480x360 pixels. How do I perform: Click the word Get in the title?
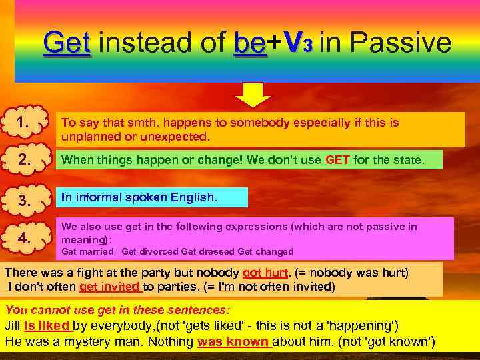(67, 44)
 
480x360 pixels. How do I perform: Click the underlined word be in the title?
(250, 44)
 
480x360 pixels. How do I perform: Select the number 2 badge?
(24, 160)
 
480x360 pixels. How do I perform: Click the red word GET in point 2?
(337, 160)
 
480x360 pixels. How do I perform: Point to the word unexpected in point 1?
(181, 137)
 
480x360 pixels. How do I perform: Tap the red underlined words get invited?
(110, 287)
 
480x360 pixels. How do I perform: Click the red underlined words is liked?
(47, 326)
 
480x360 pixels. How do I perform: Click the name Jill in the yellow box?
(13, 326)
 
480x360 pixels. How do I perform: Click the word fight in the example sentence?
(87, 273)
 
